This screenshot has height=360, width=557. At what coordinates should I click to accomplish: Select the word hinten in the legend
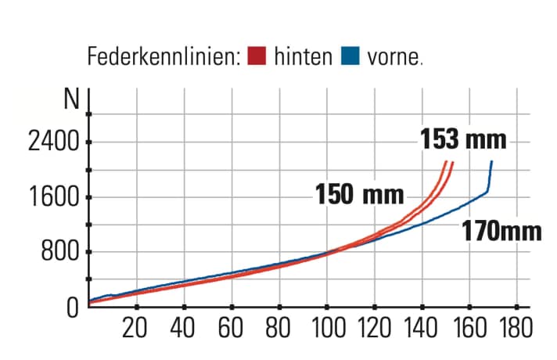click(304, 58)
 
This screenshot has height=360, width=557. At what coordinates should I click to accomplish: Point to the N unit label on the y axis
click(73, 100)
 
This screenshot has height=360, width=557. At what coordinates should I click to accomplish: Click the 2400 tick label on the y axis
click(52, 142)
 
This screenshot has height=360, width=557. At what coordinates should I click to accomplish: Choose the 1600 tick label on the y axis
click(52, 197)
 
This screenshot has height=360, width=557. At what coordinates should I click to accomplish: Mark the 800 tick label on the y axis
click(60, 252)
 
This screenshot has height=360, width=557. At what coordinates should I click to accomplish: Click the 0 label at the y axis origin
click(73, 307)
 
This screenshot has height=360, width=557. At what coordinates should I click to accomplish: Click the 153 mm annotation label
click(463, 140)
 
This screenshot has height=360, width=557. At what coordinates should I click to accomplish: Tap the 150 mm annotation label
click(360, 193)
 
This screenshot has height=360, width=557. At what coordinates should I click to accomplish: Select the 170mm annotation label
click(501, 232)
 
